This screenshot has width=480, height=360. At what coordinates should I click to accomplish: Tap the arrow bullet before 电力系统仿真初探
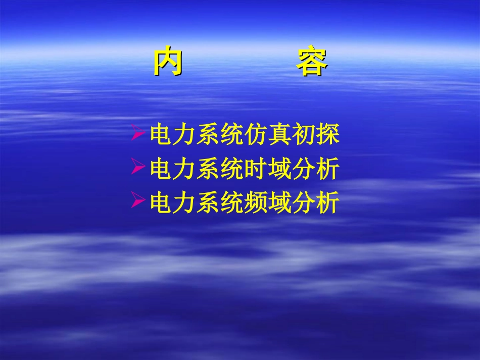tap(138, 134)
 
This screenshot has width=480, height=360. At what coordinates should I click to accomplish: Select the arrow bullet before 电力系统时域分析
tap(138, 167)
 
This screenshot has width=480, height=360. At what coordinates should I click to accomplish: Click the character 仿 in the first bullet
tap(257, 135)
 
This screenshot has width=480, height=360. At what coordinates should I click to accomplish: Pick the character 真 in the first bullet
tap(280, 135)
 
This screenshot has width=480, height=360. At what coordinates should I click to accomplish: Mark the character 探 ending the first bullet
tap(327, 135)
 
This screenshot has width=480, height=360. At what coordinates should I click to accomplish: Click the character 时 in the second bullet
tap(257, 169)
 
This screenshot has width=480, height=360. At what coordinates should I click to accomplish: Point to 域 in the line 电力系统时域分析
tap(280, 169)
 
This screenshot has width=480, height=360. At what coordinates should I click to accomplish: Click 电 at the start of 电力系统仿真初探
tap(162, 135)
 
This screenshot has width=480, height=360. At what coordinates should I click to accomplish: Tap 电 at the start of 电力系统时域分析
tap(162, 169)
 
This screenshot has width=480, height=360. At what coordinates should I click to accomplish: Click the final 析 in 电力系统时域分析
tap(327, 169)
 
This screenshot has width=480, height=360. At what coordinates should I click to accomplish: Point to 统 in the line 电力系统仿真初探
tap(233, 135)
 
